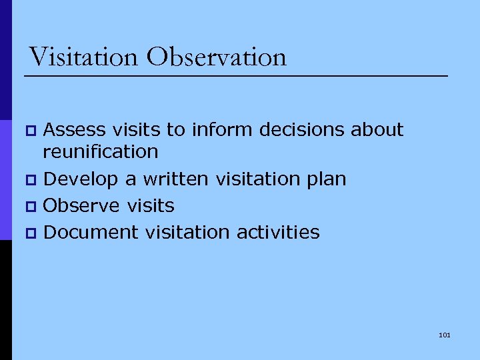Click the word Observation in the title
[217, 57]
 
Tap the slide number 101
[445, 335]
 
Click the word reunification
[101, 152]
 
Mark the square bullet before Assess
[28, 130]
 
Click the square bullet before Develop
[28, 179]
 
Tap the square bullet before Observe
[28, 206]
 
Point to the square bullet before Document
[28, 233]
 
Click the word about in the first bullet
[379, 129]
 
